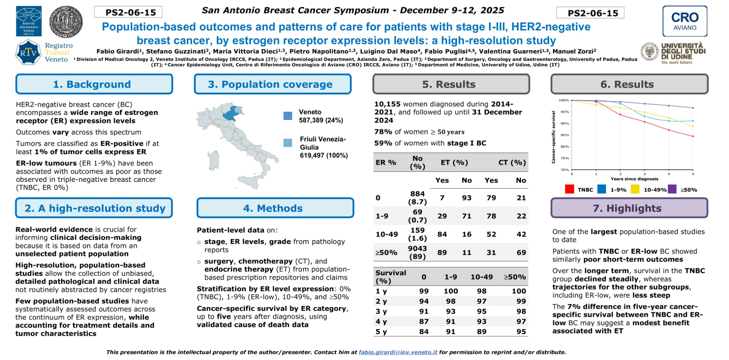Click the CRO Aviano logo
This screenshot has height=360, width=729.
pos(685,21)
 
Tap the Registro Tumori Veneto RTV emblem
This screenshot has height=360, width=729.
pos(28,53)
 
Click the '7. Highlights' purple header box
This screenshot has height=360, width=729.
pos(629,208)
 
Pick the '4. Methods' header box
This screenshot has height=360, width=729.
pos(275,208)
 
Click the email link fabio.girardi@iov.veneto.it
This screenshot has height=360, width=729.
pos(398,352)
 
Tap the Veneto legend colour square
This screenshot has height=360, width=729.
pos(288,116)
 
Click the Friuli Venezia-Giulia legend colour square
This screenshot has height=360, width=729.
pos(288,143)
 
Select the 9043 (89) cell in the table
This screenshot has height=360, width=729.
pos(417,252)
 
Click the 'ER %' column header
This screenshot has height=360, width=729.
pos(386,163)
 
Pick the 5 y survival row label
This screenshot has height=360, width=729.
pos(381,332)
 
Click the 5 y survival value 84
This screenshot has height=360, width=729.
pos(424,332)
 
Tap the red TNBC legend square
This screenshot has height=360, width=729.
pos(569,189)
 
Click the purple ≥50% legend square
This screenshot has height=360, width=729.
pos(672,189)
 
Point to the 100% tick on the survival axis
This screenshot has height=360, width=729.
pos(563,101)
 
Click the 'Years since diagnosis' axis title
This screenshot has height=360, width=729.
pos(634,179)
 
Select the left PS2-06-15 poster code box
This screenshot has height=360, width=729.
pos(128,12)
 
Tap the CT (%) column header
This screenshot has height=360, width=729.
pos(512,163)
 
